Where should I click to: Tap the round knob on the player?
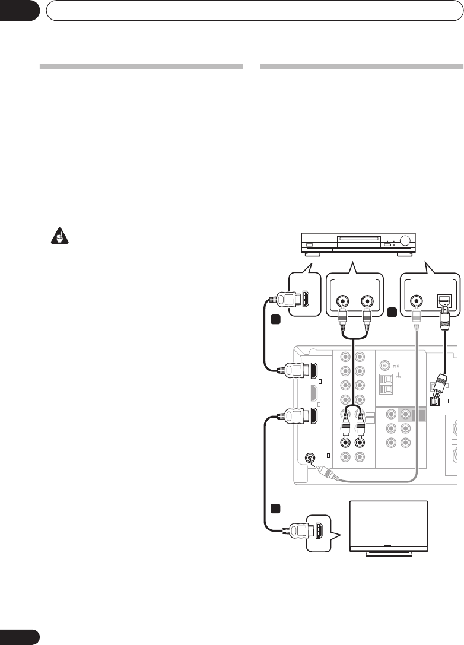[406, 242]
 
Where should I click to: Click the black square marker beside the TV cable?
[274, 509]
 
